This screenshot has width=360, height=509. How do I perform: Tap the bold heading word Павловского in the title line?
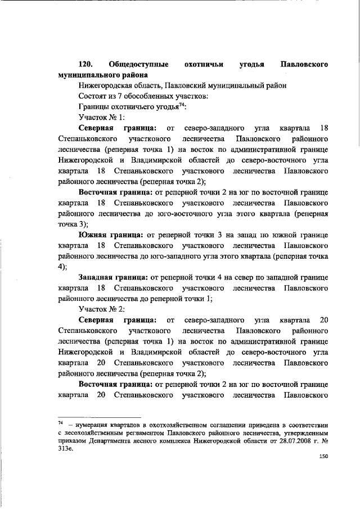pyautogui.click(x=304, y=64)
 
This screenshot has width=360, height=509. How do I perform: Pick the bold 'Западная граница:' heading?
pyautogui.click(x=112, y=277)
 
